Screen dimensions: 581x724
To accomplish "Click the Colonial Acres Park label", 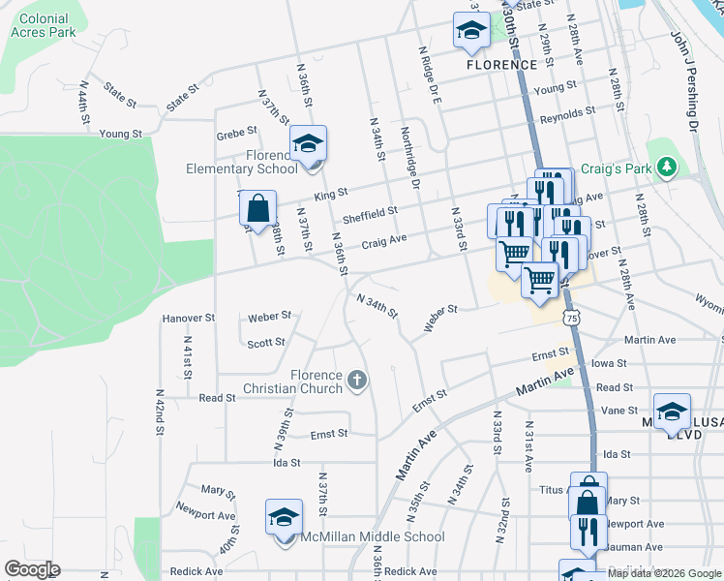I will click(43, 25).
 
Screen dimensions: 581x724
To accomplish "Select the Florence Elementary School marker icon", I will click(309, 145).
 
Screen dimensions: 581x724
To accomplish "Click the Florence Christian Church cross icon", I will click(357, 380).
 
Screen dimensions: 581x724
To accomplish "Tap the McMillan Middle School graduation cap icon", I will click(284, 517).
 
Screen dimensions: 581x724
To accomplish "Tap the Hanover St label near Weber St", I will click(188, 318).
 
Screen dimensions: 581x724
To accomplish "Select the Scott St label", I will click(265, 343).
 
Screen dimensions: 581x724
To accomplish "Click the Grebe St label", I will click(237, 131).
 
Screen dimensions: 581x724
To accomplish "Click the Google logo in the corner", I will click(32, 569).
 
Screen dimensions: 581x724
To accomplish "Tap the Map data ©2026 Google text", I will click(664, 573).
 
